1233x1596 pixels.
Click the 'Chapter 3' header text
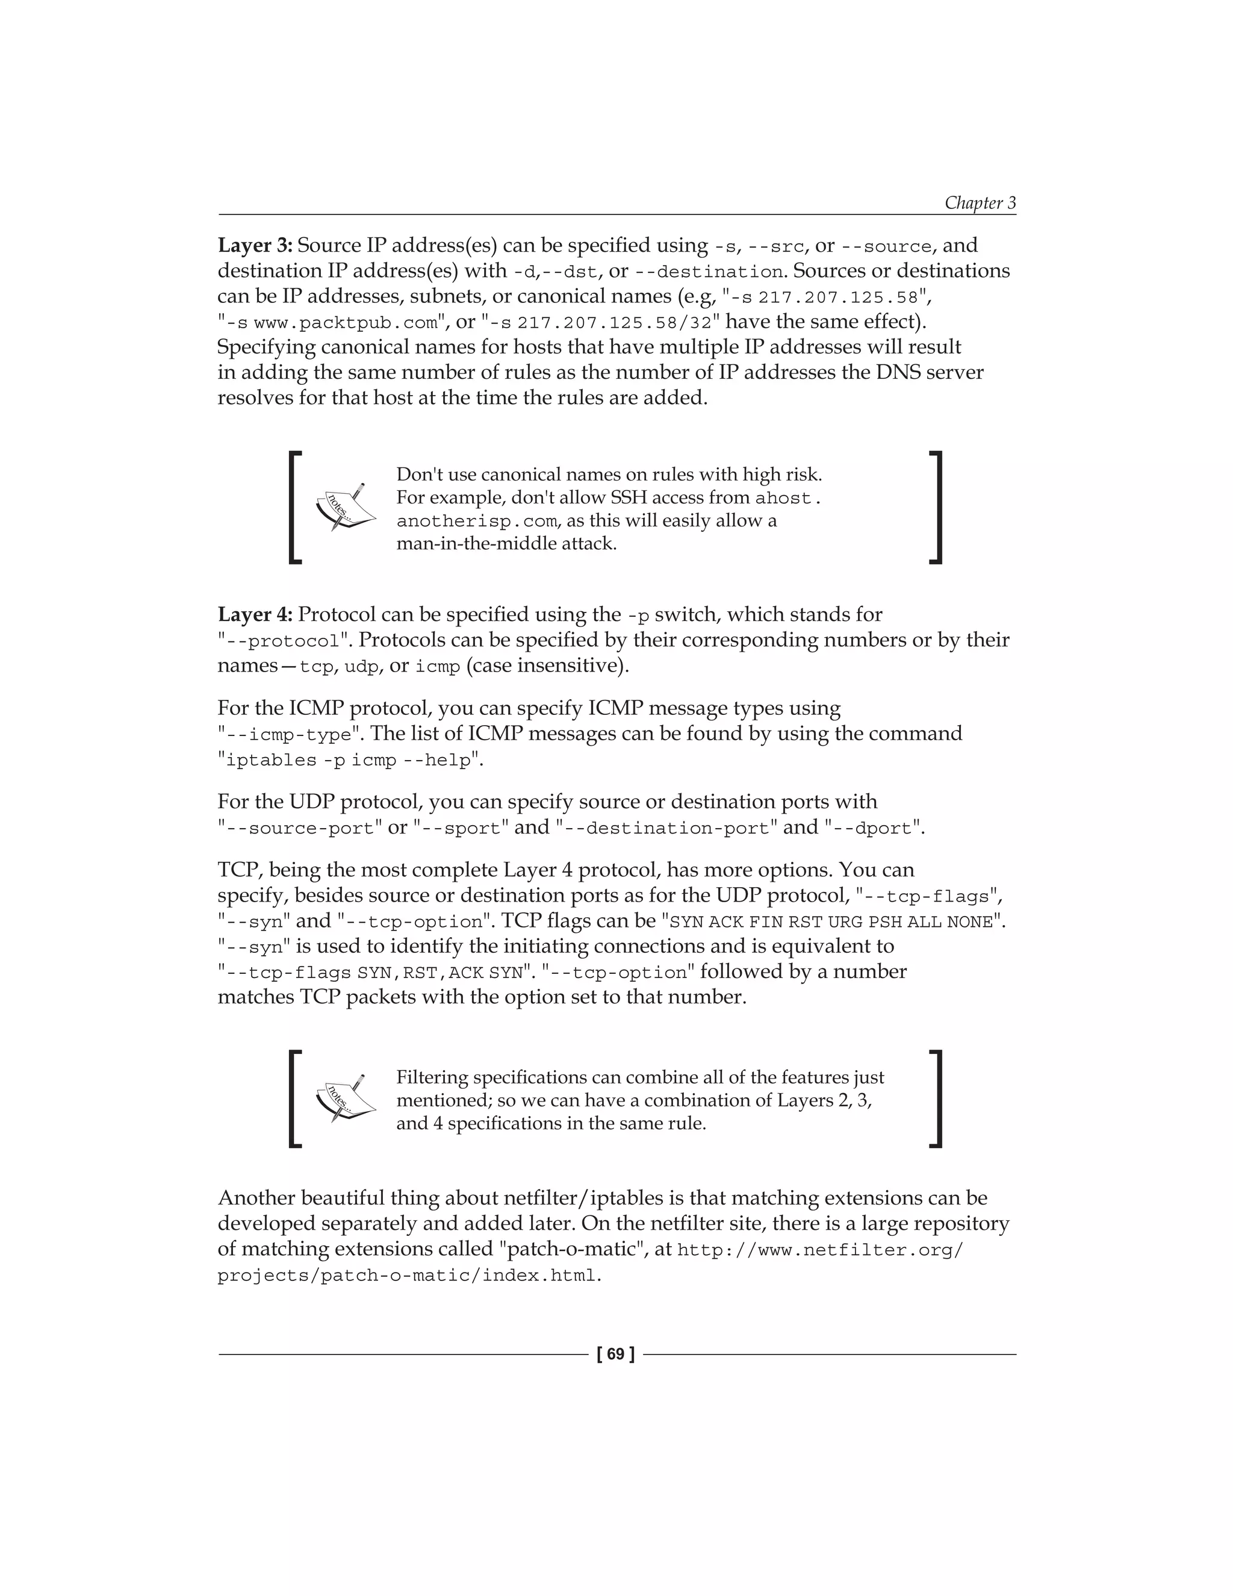(980, 202)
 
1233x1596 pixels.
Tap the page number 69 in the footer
(616, 1354)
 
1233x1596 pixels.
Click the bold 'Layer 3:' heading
(255, 246)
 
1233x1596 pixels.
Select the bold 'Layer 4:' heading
(255, 614)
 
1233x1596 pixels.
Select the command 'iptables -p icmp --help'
(350, 761)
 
